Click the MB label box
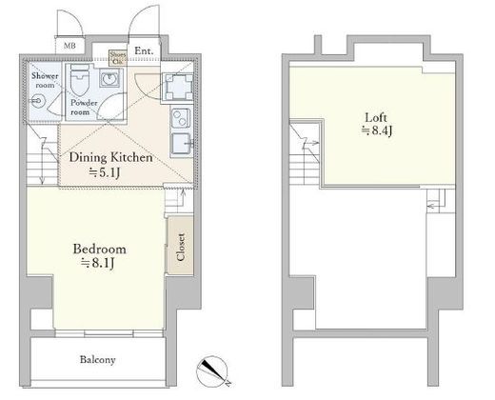coord(70,46)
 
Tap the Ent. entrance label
coord(144,51)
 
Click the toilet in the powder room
coord(82,79)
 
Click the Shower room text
coord(45,80)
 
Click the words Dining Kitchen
coord(108,157)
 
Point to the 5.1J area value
coord(108,173)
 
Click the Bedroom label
coord(100,250)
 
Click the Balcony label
coord(96,360)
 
